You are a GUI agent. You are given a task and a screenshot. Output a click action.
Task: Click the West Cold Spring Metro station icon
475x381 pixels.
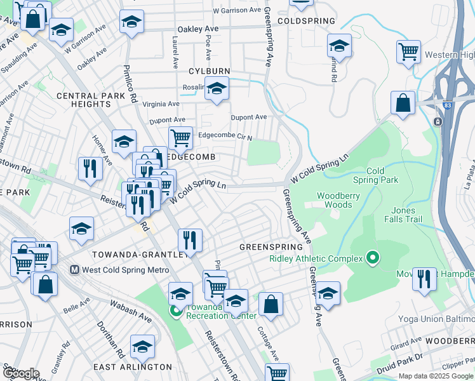pos(76,270)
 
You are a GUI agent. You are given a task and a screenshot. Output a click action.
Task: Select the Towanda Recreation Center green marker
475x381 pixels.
pos(175,311)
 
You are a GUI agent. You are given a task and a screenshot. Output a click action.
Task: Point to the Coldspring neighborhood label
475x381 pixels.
pos(306,21)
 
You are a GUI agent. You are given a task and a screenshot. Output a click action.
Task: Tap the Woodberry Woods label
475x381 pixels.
pos(334,201)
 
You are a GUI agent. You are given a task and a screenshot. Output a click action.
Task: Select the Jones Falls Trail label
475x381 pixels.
pos(403,215)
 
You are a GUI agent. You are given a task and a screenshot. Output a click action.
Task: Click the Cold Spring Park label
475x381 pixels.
pos(382,175)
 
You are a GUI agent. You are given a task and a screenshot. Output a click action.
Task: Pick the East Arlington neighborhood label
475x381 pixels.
pos(132,367)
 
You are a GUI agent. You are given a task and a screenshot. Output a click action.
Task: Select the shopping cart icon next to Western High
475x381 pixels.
pos(408,52)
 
